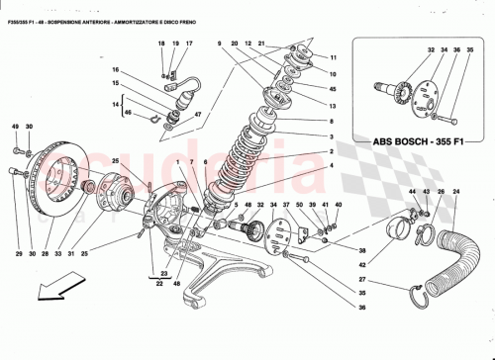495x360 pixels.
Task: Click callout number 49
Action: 16,128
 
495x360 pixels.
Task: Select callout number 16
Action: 115,70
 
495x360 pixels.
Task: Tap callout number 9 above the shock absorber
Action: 219,45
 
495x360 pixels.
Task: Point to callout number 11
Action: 333,58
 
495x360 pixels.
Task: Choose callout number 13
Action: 333,105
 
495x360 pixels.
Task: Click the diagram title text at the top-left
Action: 109,9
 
